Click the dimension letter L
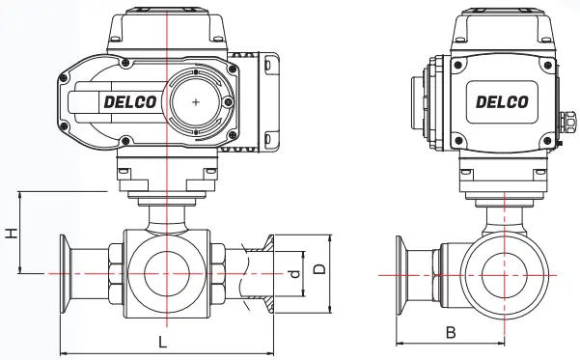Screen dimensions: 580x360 click(162, 342)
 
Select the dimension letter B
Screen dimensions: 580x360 click(451, 332)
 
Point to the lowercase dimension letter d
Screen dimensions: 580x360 click(294, 274)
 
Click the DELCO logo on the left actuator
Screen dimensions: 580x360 click(130, 101)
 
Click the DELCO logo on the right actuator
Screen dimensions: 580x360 click(502, 101)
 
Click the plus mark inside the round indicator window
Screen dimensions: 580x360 click(196, 101)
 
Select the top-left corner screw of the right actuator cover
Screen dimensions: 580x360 click(458, 65)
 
